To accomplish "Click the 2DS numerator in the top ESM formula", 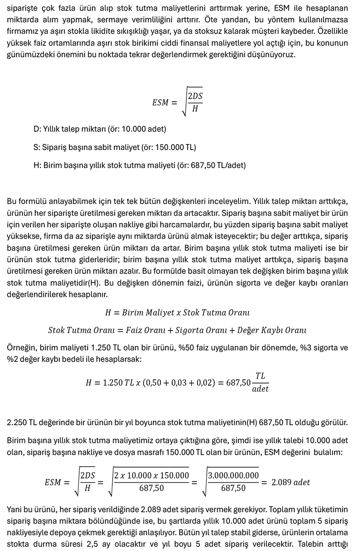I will click(195, 96).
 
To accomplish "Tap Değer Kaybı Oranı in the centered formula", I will click(272, 330).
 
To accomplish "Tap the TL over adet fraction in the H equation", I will click(260, 382).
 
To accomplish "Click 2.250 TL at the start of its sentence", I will click(20, 423).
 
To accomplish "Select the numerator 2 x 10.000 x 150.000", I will click(151, 476).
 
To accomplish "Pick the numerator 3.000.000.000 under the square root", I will click(233, 476).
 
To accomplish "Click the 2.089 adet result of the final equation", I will click(291, 482).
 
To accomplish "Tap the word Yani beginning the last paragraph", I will click(15, 510).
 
